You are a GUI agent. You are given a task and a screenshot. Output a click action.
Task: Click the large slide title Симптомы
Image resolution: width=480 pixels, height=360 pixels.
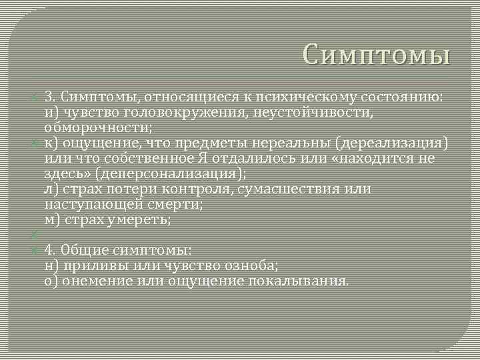click(x=376, y=53)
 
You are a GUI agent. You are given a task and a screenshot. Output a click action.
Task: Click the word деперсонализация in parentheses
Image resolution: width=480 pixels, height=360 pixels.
click(x=177, y=173)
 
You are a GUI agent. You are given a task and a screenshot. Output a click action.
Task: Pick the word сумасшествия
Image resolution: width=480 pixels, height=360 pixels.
click(x=298, y=189)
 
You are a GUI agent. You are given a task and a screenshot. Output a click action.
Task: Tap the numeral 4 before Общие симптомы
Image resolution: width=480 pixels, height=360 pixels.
click(x=49, y=250)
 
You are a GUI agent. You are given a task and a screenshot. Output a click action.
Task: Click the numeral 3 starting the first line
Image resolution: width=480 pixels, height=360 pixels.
click(x=49, y=97)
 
